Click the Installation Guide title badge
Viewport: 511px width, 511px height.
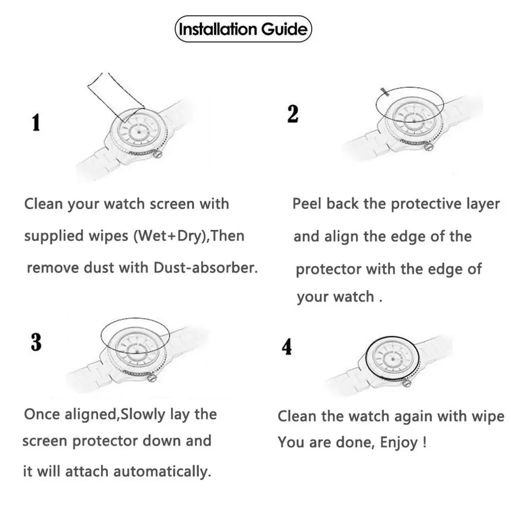(x=243, y=29)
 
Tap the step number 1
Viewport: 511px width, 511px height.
(x=36, y=123)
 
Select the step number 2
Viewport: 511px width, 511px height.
(x=293, y=113)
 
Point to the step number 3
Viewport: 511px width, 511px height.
(x=36, y=342)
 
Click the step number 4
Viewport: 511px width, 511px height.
(x=287, y=347)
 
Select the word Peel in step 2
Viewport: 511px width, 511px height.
(x=307, y=204)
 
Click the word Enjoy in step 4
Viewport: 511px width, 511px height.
(x=401, y=443)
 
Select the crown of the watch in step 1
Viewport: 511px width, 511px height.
(x=159, y=153)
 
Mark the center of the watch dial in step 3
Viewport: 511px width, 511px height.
(x=133, y=349)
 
